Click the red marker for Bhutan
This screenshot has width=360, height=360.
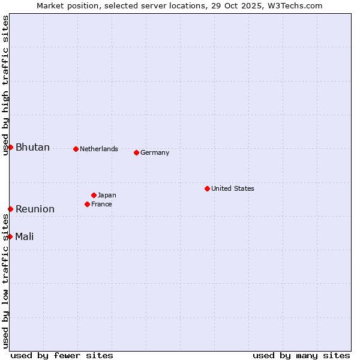tap(10, 147)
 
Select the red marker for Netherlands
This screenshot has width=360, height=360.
tap(76, 149)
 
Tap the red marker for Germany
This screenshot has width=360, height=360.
tap(136, 152)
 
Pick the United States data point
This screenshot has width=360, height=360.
tap(207, 188)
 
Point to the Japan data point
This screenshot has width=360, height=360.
tap(94, 195)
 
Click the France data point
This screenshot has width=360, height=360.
tap(87, 204)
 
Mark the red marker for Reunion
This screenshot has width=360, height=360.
tap(10, 209)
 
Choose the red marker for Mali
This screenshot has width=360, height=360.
tap(10, 236)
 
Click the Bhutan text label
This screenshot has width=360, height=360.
tap(32, 148)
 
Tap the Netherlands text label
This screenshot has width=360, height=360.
tap(98, 149)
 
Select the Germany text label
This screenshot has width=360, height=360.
tap(155, 152)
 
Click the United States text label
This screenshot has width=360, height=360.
tap(232, 188)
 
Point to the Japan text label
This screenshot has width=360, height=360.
tap(107, 195)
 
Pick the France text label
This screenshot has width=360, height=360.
tap(101, 204)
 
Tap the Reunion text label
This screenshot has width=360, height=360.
tap(35, 209)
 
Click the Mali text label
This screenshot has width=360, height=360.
tap(25, 236)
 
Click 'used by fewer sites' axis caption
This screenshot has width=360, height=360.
tap(62, 355)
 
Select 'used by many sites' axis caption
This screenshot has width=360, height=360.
tap(301, 355)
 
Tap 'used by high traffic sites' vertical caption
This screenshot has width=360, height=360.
tap(5, 86)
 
